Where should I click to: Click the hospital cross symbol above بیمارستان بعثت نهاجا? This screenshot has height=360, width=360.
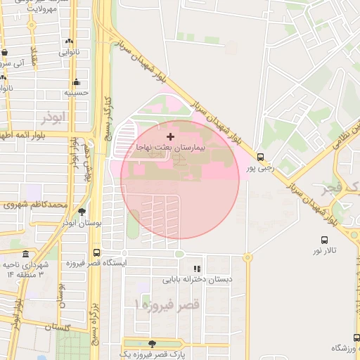(169, 135)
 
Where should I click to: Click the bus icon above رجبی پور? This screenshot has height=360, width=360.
(261, 157)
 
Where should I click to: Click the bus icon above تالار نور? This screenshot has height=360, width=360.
(324, 240)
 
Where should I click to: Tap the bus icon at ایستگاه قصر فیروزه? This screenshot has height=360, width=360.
(96, 252)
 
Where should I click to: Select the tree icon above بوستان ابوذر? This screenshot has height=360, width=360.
(82, 211)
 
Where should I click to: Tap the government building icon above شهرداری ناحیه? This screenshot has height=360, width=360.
(26, 253)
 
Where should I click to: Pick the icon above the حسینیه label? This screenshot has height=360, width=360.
(75, 82)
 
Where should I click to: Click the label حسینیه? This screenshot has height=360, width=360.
(75, 92)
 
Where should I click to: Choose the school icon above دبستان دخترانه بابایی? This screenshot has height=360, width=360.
(197, 269)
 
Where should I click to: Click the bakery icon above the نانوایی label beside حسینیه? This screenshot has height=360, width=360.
(68, 41)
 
